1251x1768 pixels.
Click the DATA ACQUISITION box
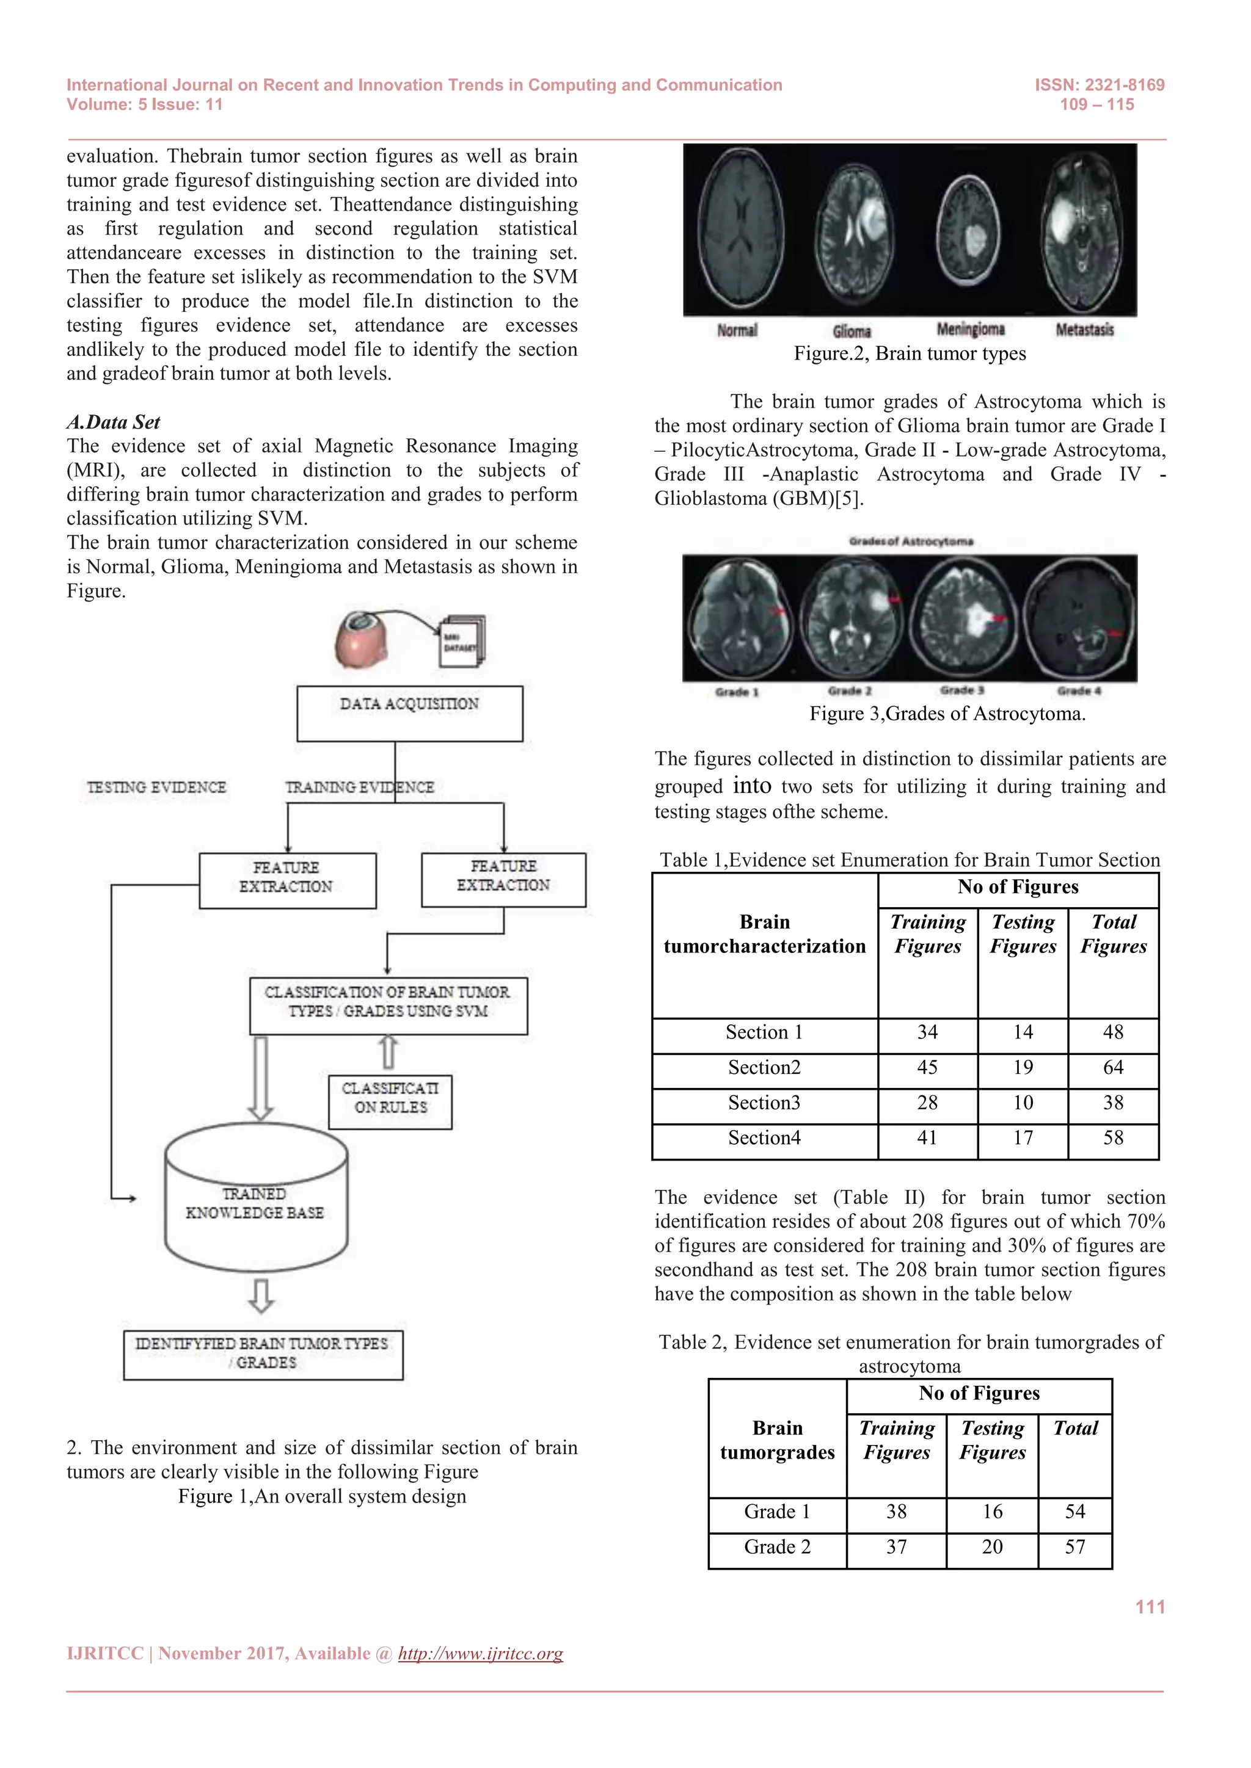[x=409, y=713]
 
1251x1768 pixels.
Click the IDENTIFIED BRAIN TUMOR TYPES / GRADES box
[x=263, y=1355]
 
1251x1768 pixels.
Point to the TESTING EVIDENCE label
[x=156, y=787]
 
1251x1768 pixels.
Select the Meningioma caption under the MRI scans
[x=971, y=330]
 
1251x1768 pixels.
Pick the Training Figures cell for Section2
[x=927, y=1067]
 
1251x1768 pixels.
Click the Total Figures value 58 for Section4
[x=1112, y=1138]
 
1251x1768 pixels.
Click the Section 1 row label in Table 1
[x=764, y=1032]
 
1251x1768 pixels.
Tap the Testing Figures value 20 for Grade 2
[x=991, y=1547]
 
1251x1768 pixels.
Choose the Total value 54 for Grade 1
[x=1074, y=1512]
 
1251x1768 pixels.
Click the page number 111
[x=1150, y=1607]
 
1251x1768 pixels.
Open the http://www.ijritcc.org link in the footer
[x=480, y=1653]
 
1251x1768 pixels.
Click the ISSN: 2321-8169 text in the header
[x=1100, y=85]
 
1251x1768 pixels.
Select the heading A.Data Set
[x=113, y=422]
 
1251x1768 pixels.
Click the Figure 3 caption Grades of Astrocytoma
[x=947, y=714]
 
